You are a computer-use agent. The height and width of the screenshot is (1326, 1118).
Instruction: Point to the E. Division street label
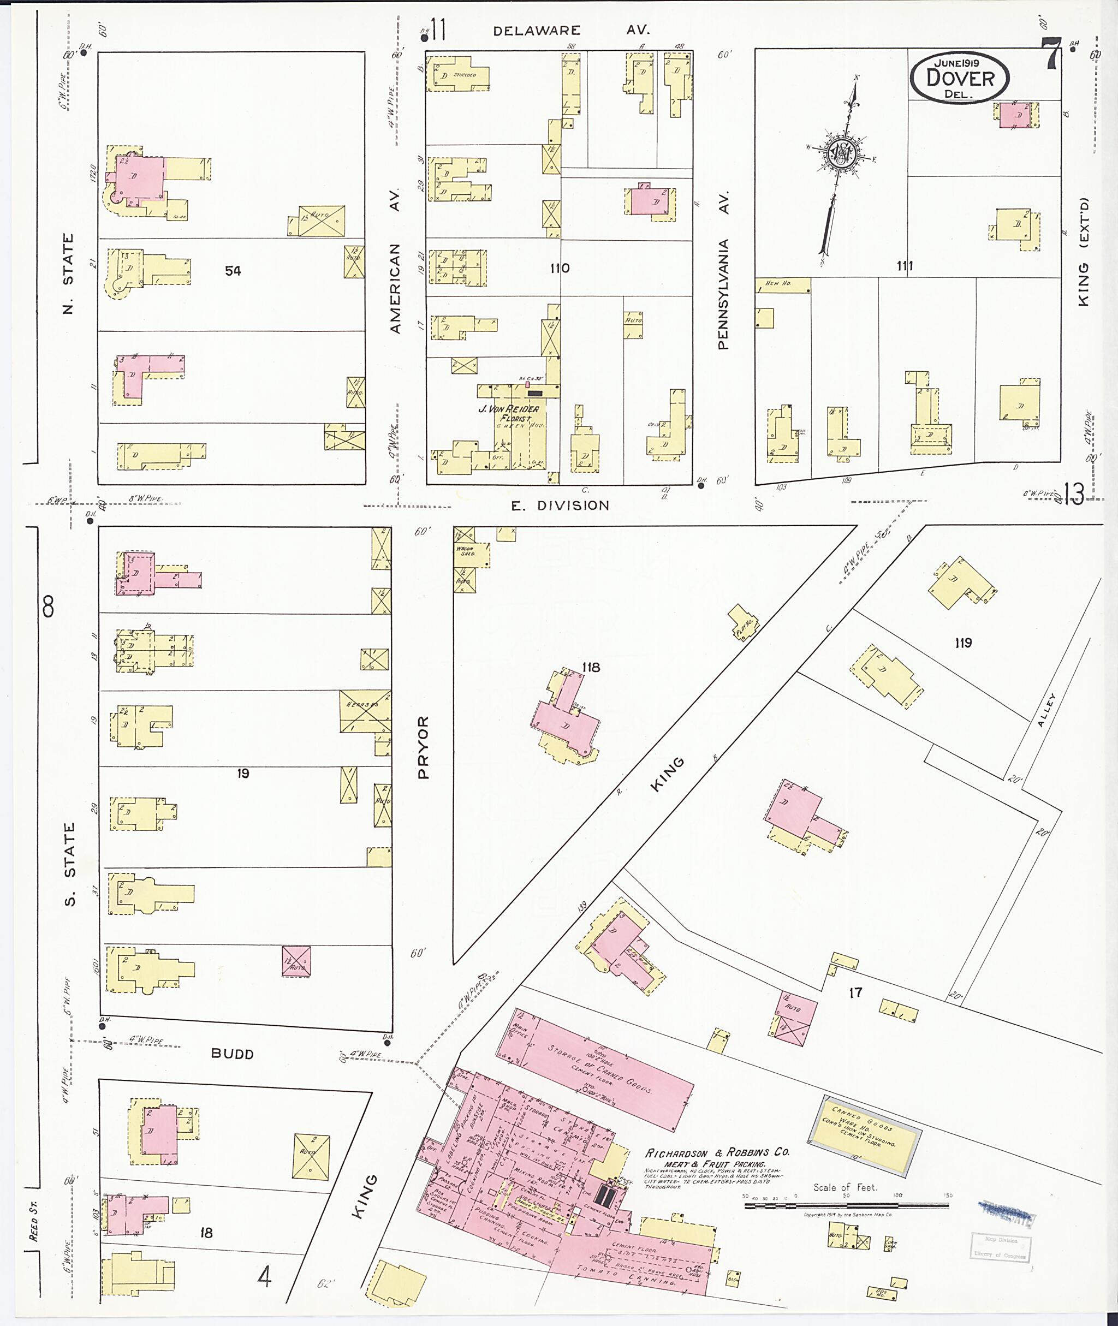pyautogui.click(x=560, y=505)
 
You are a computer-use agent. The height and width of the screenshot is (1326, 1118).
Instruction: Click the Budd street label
pyautogui.click(x=233, y=1054)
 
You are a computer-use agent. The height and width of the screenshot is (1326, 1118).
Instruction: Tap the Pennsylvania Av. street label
pyautogui.click(x=724, y=269)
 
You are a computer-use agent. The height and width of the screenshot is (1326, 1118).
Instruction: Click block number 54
pyautogui.click(x=233, y=271)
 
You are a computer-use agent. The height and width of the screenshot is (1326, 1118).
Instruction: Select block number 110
pyautogui.click(x=560, y=268)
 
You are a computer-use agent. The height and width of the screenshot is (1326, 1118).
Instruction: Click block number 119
pyautogui.click(x=963, y=643)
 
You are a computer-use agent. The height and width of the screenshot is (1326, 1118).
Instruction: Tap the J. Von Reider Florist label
pyautogui.click(x=508, y=413)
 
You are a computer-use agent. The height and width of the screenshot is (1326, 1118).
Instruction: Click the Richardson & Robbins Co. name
pyautogui.click(x=717, y=1152)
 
